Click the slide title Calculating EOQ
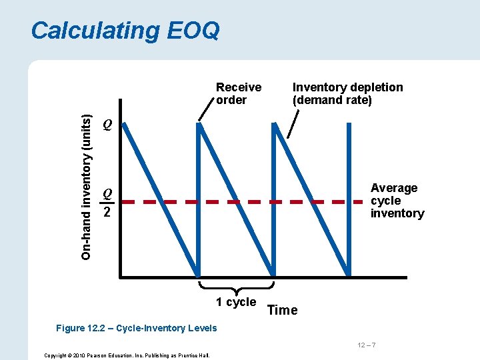(x=125, y=31)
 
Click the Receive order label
(x=239, y=94)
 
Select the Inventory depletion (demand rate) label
(x=347, y=94)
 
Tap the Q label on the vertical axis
(x=107, y=125)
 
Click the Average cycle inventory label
(x=397, y=201)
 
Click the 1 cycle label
(x=235, y=302)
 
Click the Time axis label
(x=282, y=310)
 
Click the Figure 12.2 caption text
(x=137, y=328)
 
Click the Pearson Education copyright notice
(x=127, y=355)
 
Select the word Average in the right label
(x=394, y=188)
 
